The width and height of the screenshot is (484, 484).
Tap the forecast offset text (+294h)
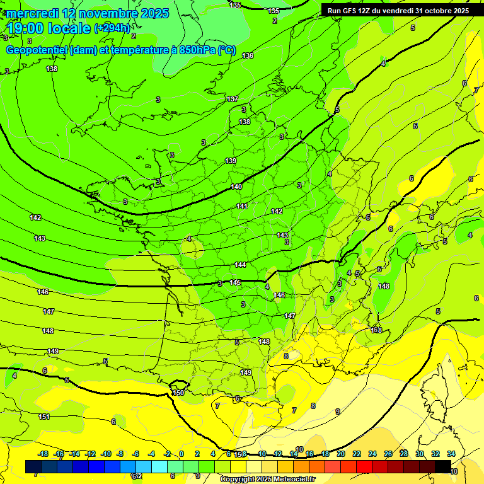click(112, 28)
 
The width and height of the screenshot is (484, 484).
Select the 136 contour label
click(248, 55)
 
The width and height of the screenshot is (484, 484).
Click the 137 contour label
click(233, 100)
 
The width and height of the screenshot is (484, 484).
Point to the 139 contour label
click(231, 161)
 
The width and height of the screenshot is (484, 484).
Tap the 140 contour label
click(236, 187)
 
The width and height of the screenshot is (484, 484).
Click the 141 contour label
click(242, 206)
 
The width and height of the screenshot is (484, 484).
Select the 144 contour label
click(240, 265)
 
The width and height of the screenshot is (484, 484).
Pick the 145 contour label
click(235, 282)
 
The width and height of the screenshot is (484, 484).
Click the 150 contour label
click(178, 392)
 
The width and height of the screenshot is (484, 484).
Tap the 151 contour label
click(43, 417)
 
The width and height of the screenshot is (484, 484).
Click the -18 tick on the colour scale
click(43, 454)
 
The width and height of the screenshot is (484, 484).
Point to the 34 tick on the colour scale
click(451, 454)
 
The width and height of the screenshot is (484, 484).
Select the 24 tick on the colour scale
click(372, 454)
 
